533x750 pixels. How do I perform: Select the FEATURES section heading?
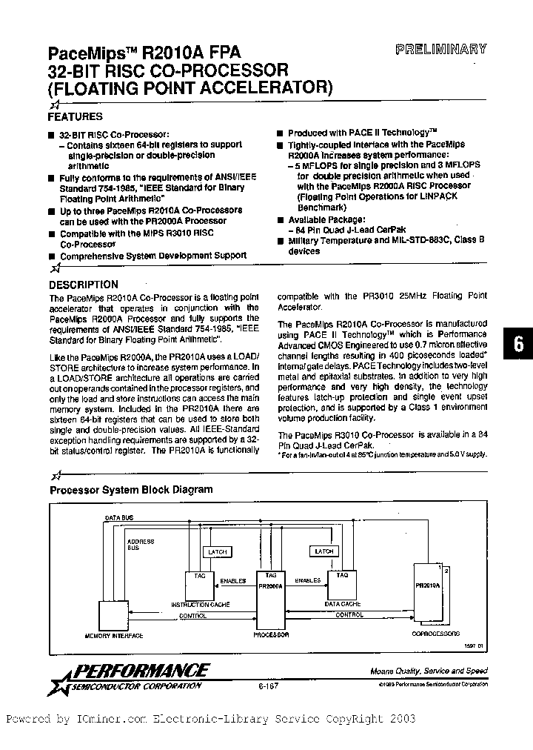click(x=75, y=116)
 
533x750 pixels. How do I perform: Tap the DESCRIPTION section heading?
click(x=83, y=284)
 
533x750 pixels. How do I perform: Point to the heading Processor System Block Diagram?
click(x=131, y=489)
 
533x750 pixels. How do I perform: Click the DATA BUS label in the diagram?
click(x=119, y=517)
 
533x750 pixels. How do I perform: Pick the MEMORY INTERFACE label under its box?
click(x=114, y=636)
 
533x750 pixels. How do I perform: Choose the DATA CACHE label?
click(x=343, y=604)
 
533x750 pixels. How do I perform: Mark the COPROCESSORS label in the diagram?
click(x=435, y=634)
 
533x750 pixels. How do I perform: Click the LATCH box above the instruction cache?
click(x=218, y=551)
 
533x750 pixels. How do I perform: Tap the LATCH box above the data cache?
click(x=324, y=551)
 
